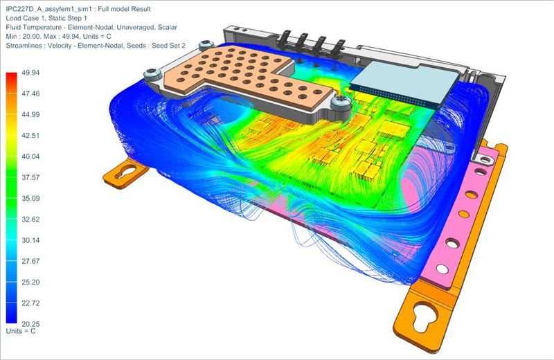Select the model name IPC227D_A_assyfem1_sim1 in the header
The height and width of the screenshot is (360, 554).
[x=48, y=9]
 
